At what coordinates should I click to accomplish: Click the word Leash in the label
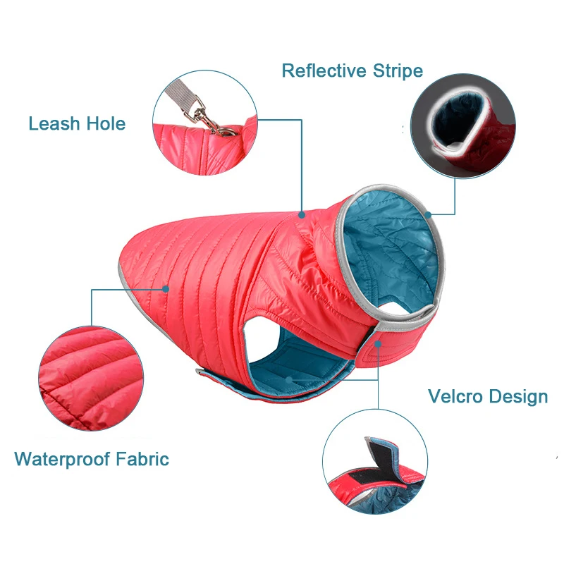pos(54,124)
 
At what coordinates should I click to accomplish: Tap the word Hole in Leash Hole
pos(104,124)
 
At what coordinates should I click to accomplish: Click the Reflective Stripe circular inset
pos(459,127)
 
